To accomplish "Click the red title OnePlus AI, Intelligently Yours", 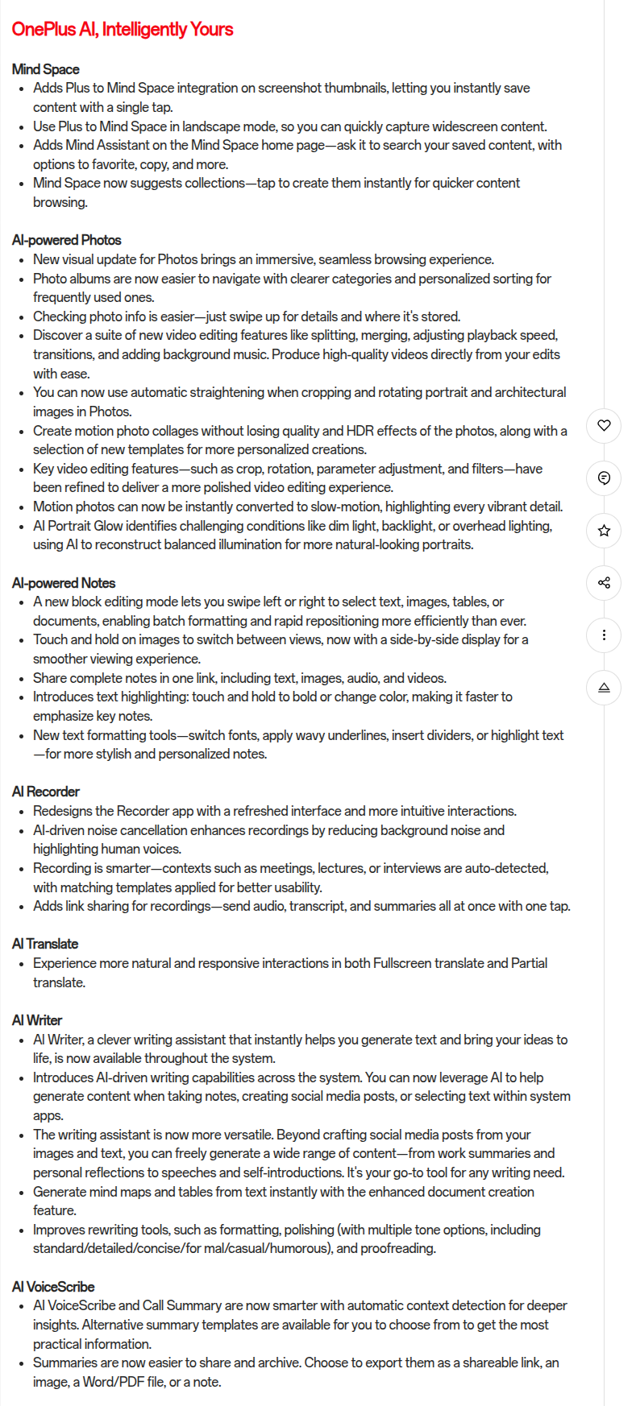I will (123, 30).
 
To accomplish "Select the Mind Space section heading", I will (46, 69).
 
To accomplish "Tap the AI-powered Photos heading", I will (67, 240).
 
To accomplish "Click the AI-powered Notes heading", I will (64, 583).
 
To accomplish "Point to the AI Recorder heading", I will (46, 792).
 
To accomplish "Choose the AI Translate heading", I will (45, 944).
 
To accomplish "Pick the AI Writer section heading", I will (37, 1020).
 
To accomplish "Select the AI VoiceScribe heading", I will (53, 1287).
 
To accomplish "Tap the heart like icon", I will (604, 425).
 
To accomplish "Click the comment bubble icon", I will (604, 478).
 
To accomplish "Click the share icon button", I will (604, 583).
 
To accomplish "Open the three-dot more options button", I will (604, 635).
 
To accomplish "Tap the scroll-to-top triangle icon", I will (604, 688).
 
